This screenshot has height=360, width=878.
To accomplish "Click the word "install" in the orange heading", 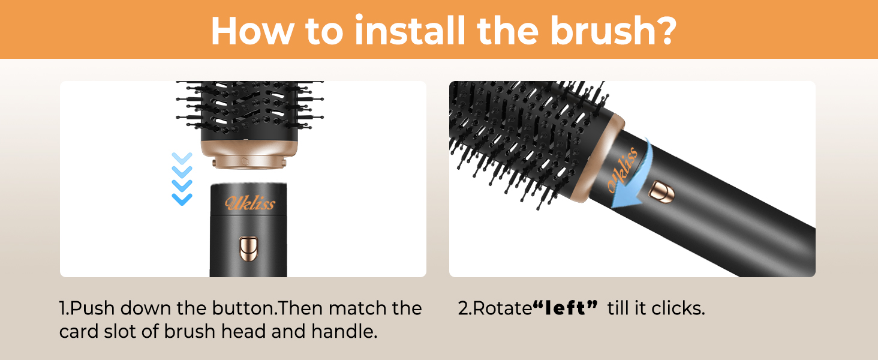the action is [x=410, y=30].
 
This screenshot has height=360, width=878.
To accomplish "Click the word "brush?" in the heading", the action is [x=614, y=30].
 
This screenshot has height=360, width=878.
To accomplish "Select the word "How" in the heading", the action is [x=253, y=30].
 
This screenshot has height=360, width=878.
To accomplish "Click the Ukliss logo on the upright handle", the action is [x=250, y=203].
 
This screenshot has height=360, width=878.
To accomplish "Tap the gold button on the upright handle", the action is [x=248, y=248].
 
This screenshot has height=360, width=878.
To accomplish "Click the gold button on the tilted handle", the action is [x=661, y=192].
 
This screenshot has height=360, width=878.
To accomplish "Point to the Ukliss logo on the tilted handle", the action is [x=623, y=169].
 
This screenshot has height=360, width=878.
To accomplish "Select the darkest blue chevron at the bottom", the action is [x=182, y=199].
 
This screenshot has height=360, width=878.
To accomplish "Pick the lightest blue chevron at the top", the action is [x=182, y=158].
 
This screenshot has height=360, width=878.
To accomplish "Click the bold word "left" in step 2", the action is [x=566, y=308].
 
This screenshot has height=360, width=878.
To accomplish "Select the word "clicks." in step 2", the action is [x=678, y=308].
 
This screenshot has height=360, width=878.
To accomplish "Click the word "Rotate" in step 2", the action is [x=503, y=308].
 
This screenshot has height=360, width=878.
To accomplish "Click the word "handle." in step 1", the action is [x=344, y=331].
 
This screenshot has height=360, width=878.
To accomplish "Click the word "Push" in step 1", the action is [x=92, y=308].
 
